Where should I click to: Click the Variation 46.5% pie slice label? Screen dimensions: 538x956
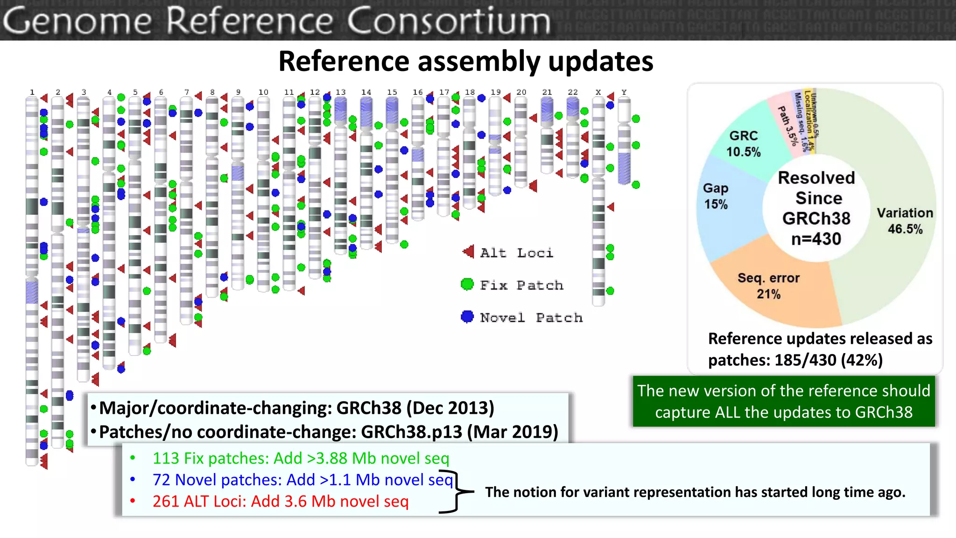(905, 221)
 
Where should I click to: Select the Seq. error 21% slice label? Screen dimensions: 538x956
(768, 286)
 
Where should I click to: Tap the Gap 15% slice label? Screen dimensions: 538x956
(716, 196)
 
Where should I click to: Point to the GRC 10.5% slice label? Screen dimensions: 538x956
(743, 143)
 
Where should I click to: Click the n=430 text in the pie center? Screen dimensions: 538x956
(816, 239)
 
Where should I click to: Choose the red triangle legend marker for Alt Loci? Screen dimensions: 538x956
(468, 252)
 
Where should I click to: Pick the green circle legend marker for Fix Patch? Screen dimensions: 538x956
(467, 284)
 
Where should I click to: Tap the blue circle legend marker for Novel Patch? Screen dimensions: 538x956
(467, 317)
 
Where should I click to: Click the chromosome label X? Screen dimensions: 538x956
(598, 92)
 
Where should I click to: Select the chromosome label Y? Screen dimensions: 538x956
(624, 92)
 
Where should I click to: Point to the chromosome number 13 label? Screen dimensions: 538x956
(341, 92)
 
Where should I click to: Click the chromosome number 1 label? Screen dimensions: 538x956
(32, 92)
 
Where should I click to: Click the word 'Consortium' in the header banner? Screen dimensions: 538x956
(449, 21)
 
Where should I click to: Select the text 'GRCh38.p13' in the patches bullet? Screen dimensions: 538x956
(411, 432)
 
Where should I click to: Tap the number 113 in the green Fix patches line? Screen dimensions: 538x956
(166, 458)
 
